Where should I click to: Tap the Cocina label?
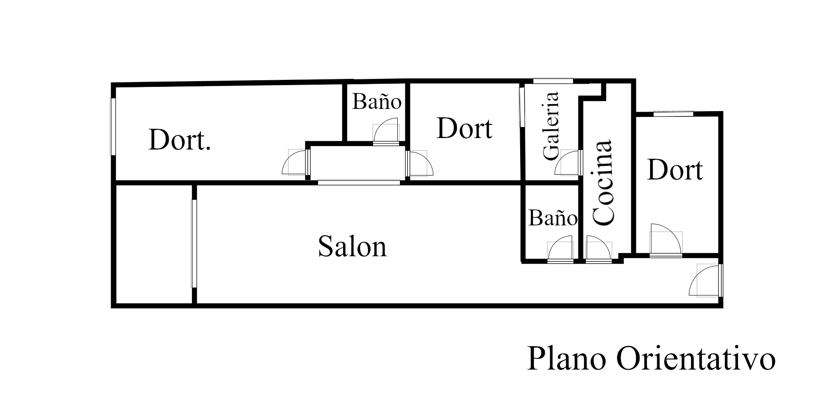coord(603,183)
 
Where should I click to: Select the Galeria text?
coord(551,126)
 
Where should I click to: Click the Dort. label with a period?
coord(179,140)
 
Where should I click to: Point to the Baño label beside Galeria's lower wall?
coord(552,218)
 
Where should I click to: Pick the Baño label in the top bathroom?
coord(377,102)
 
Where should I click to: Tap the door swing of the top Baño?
coord(386,131)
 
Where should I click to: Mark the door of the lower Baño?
coord(561,251)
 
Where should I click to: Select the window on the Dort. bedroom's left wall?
coord(113,127)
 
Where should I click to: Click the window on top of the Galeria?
coord(553,81)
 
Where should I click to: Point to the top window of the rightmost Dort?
coord(673,114)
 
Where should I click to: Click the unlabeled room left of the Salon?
coord(154,245)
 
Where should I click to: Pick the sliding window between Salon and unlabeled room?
coord(193,244)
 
